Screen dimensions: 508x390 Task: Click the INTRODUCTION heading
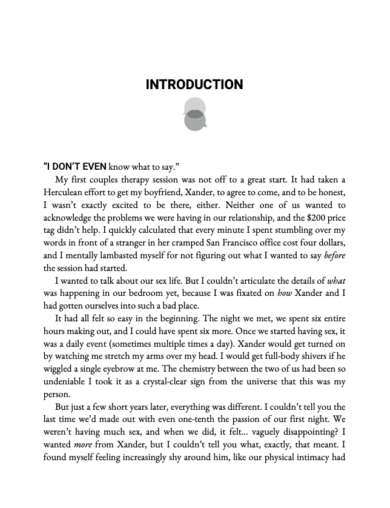194,84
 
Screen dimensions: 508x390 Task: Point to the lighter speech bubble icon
194,105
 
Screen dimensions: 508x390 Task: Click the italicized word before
335,255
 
